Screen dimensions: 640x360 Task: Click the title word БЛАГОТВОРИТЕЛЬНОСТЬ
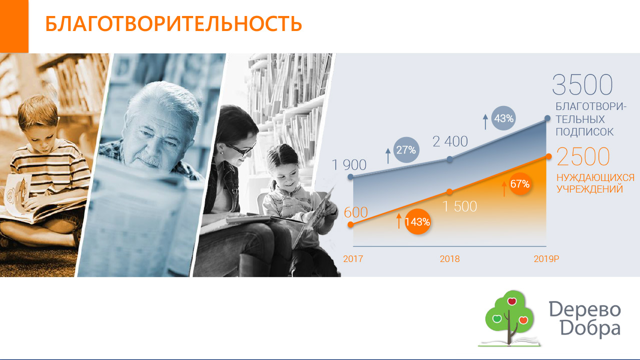pyautogui.click(x=174, y=23)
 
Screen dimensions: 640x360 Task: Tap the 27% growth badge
pyautogui.click(x=406, y=150)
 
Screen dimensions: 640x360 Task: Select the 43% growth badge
pyautogui.click(x=503, y=118)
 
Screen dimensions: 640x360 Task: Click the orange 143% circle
pyautogui.click(x=417, y=222)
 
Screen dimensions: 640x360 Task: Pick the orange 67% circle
pyautogui.click(x=520, y=184)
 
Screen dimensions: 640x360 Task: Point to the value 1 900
pyautogui.click(x=349, y=164)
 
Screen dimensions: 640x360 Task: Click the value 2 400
pyautogui.click(x=450, y=141)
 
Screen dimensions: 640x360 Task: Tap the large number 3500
pyautogui.click(x=582, y=84)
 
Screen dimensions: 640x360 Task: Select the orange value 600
pyautogui.click(x=356, y=212)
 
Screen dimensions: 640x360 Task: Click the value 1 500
pyautogui.click(x=459, y=206)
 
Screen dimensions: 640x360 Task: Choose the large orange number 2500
pyautogui.click(x=583, y=156)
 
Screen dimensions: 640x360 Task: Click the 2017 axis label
pyautogui.click(x=353, y=259)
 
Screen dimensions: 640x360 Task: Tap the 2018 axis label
pyautogui.click(x=450, y=259)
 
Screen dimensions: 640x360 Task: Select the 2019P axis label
pyautogui.click(x=546, y=259)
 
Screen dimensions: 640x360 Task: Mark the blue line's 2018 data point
pyautogui.click(x=450, y=159)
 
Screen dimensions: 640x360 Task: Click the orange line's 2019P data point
pyautogui.click(x=548, y=156)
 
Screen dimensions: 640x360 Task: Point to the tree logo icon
pyautogui.click(x=509, y=318)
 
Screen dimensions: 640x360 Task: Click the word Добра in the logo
pyautogui.click(x=590, y=329)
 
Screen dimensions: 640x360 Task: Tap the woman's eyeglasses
pyautogui.click(x=241, y=149)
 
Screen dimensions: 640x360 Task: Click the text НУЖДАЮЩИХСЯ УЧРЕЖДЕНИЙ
pyautogui.click(x=595, y=183)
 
